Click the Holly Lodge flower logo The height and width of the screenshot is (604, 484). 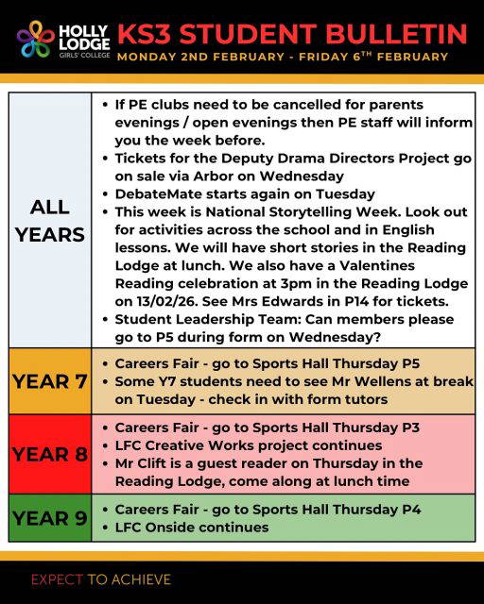[x=37, y=40]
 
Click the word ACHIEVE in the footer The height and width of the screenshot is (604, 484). [x=140, y=579]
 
